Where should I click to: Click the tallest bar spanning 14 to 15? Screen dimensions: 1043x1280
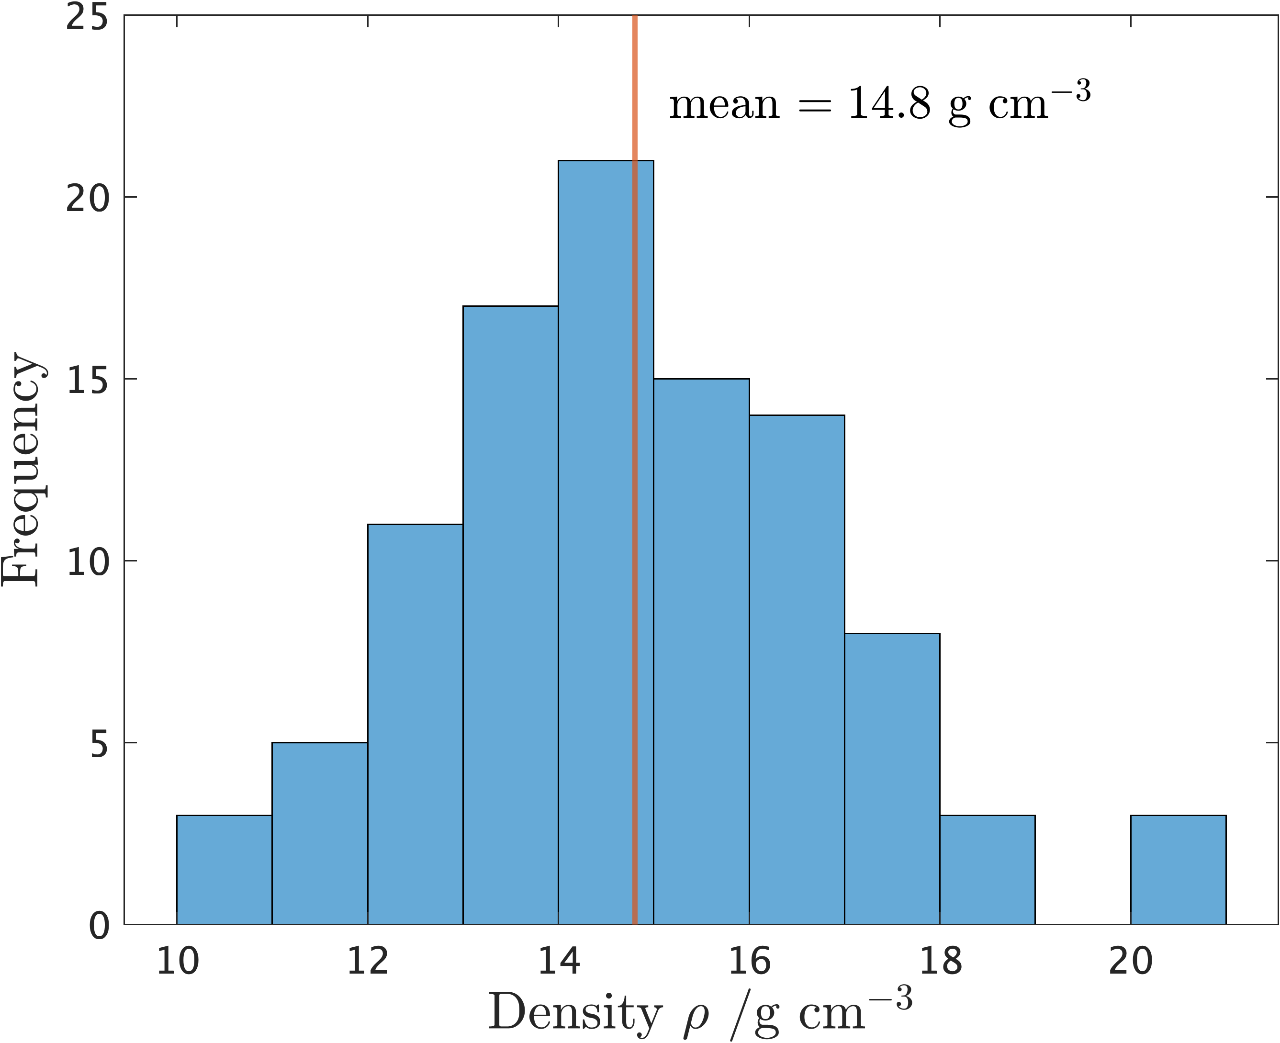(x=595, y=541)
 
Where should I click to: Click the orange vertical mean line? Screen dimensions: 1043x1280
(x=635, y=90)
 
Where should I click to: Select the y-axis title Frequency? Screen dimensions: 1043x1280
(x=22, y=469)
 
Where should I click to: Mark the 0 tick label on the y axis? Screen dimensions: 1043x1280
(x=99, y=926)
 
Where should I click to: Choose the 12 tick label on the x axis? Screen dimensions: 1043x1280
(x=368, y=961)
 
